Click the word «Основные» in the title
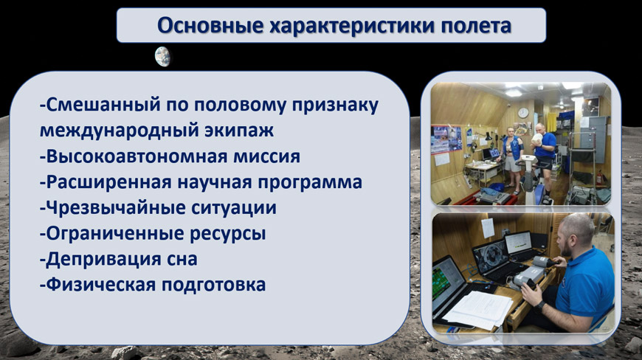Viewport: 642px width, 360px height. point(210,26)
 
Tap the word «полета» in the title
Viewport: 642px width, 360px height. point(476,26)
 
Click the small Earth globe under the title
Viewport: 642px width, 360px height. point(162,57)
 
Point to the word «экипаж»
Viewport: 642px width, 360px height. point(239,131)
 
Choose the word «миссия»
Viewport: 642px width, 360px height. point(267,156)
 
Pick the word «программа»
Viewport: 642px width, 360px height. point(310,182)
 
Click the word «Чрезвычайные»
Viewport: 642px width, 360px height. point(113,207)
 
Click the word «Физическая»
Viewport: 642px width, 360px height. point(98,285)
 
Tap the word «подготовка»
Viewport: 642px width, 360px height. point(214,285)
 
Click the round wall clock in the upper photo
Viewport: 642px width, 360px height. point(523,113)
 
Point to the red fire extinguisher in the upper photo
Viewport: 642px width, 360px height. point(600,179)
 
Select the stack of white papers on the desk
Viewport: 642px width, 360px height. point(478,309)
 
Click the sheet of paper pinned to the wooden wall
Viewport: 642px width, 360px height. point(488,228)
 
